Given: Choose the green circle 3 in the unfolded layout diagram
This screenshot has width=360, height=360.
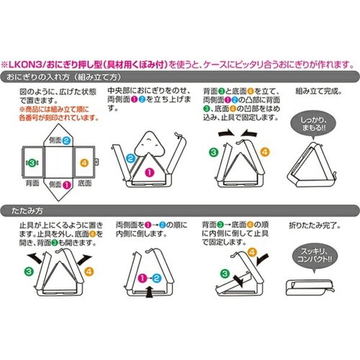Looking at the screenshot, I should click(x=29, y=163).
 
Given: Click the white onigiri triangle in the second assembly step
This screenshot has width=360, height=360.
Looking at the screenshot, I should click(x=148, y=143).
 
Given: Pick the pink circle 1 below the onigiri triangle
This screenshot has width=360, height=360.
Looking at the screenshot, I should click(x=150, y=172).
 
